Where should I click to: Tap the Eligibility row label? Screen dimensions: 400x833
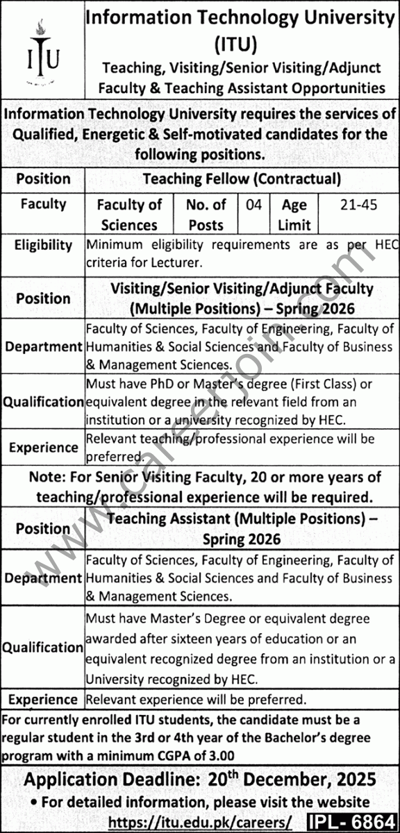43,244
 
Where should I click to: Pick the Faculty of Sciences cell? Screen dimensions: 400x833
129,214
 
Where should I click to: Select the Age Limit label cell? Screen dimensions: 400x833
294,214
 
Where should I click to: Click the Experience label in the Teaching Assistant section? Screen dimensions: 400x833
43,700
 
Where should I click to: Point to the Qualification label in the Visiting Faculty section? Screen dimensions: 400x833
43,401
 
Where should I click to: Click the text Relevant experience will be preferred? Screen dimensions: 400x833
197,700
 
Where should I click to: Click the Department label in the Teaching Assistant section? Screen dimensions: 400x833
43,578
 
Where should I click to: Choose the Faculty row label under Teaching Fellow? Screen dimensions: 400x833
43,204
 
